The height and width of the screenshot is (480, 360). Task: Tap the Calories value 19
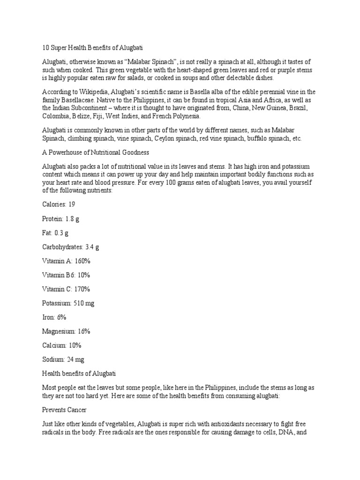pos(71,204)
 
